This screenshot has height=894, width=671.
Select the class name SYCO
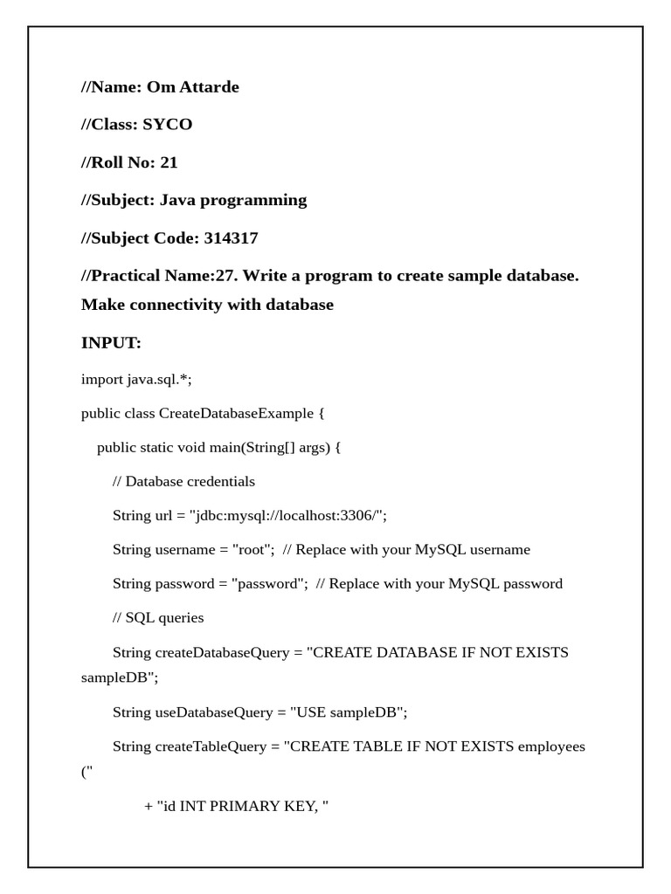pos(167,124)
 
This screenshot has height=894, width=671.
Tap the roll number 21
pos(169,162)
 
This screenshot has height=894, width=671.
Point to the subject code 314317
pos(231,237)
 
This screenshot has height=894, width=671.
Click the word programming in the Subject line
pos(253,200)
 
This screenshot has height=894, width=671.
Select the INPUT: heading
pos(111,343)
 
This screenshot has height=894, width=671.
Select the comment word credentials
pos(221,481)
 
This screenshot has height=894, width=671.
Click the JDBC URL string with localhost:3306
pos(287,515)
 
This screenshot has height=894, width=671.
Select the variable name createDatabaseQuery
pos(213,652)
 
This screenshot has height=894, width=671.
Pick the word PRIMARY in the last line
pos(239,806)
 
